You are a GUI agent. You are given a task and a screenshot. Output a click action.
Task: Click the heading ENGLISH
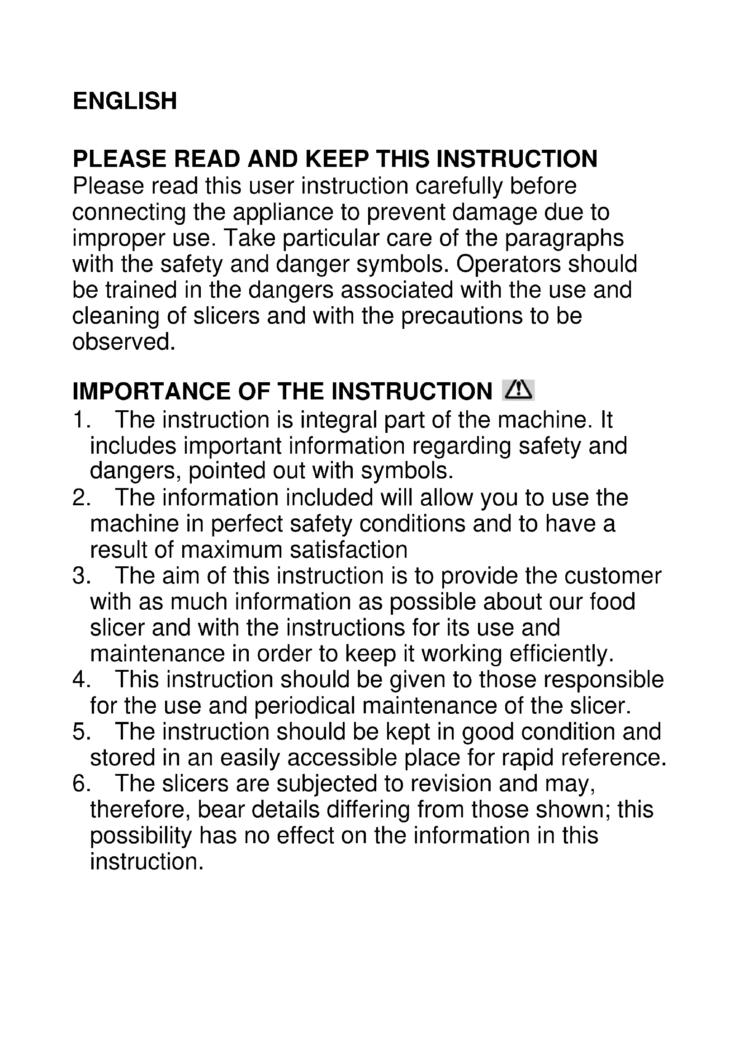pyautogui.click(x=125, y=101)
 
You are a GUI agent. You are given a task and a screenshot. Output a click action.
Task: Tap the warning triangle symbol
pyautogui.click(x=518, y=390)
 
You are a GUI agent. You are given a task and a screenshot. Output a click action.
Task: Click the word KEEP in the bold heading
pyautogui.click(x=337, y=159)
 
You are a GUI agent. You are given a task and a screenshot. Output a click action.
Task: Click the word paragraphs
pyautogui.click(x=564, y=238)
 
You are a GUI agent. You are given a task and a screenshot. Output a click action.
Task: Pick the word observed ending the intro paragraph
pyautogui.click(x=124, y=342)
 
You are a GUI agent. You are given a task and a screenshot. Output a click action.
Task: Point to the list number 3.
pyautogui.click(x=81, y=576)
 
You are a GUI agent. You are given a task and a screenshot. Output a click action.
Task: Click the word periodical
pyautogui.click(x=305, y=706)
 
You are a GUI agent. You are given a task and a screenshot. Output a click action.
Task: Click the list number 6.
pyautogui.click(x=81, y=784)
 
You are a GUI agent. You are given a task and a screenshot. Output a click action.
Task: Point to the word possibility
pyautogui.click(x=141, y=836)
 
